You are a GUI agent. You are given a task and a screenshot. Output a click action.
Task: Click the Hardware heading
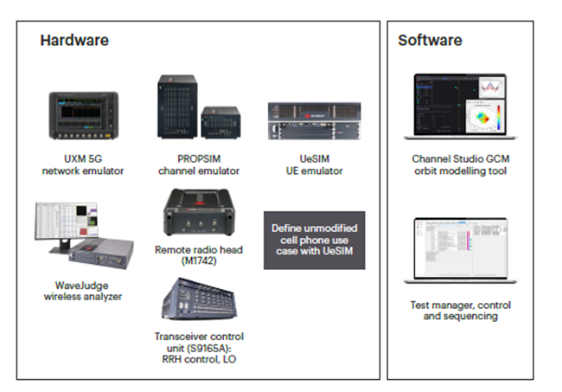pos(73,41)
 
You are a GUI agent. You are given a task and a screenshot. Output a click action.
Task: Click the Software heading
pos(430,41)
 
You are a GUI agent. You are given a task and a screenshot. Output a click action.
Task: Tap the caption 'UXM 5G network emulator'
pos(85,164)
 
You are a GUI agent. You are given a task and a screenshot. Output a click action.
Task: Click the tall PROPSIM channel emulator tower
pos(177,107)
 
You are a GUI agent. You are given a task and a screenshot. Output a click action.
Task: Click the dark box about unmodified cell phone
pos(314,240)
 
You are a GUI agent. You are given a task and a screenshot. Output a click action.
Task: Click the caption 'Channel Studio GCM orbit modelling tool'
pos(460,164)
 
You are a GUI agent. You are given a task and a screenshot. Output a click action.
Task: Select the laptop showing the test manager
pos(460,248)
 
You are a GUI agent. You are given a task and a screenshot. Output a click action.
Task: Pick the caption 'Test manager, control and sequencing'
pos(460,311)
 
